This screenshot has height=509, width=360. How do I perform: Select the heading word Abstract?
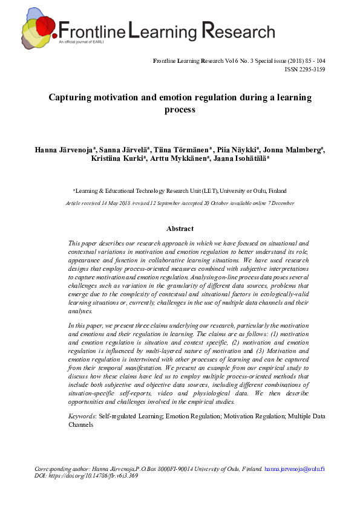[180, 229]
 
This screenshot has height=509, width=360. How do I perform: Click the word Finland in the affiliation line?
[277, 190]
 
